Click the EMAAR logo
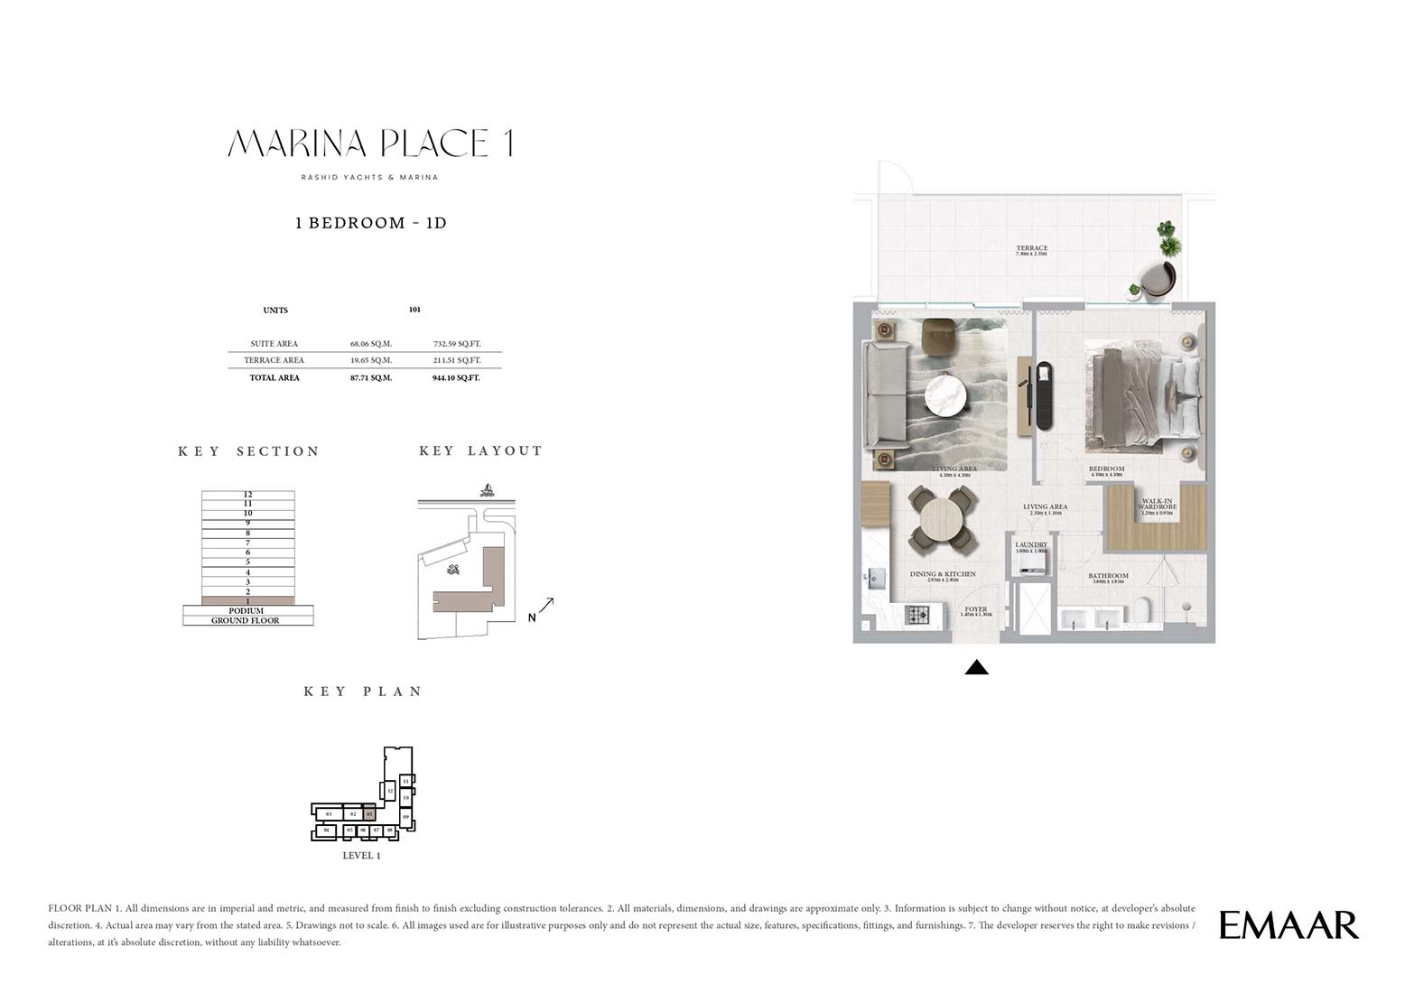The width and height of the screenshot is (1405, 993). tap(1289, 925)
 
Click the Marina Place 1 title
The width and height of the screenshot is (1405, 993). tap(370, 144)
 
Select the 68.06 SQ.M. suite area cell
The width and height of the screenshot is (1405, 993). tap(370, 344)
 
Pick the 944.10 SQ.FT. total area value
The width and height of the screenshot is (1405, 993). tap(456, 378)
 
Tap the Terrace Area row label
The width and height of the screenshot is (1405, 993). tap(274, 360)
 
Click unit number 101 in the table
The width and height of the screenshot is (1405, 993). tap(414, 310)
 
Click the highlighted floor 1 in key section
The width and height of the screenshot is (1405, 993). tap(247, 600)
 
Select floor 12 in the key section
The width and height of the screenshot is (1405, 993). tap(247, 494)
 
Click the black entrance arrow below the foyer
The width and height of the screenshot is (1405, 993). tap(976, 668)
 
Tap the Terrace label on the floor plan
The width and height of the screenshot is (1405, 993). tap(1031, 248)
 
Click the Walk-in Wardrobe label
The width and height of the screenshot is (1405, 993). tap(1157, 505)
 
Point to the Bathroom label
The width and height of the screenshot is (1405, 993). tap(1108, 576)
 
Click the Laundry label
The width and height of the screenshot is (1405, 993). tap(1030, 545)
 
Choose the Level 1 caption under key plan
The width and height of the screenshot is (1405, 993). tap(361, 856)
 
